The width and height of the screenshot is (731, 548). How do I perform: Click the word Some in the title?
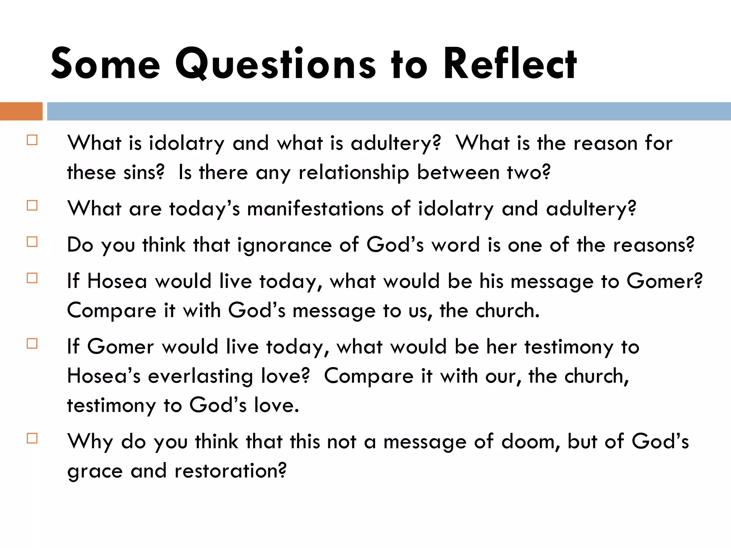tap(106, 64)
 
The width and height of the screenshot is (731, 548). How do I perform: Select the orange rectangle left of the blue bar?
tap(21, 111)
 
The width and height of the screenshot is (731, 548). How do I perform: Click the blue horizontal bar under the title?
tap(388, 111)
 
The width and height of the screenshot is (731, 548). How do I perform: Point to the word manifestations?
tap(315, 208)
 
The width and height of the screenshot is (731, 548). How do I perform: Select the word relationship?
tap(354, 172)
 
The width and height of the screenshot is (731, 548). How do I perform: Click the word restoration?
tap(230, 471)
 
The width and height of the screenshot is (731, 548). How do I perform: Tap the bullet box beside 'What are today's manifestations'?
tap(32, 205)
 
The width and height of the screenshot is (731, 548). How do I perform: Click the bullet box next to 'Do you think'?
tap(32, 242)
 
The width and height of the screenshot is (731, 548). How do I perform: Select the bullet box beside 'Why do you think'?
tap(32, 438)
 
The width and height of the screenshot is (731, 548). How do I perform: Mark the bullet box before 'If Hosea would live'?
tap(32, 278)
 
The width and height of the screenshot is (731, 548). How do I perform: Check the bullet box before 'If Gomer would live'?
tap(32, 344)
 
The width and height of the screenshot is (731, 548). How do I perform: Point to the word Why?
tap(90, 442)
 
